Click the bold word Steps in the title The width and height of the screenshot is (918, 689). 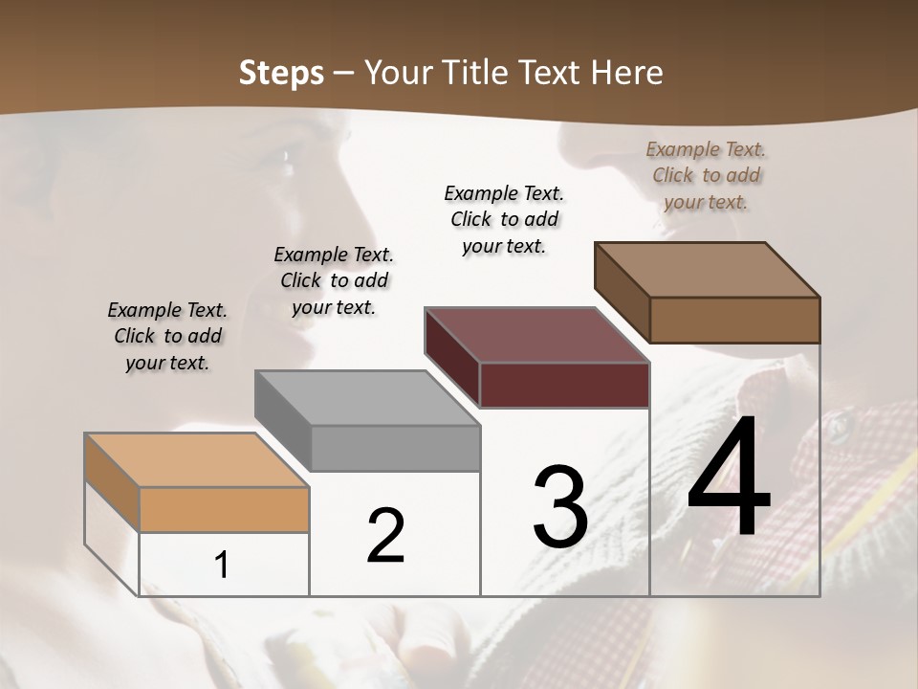(281, 73)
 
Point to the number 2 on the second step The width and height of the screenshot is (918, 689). (385, 536)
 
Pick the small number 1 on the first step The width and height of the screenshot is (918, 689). (222, 565)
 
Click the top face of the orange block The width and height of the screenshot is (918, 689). (197, 459)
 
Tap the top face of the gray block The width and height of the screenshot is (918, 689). (368, 397)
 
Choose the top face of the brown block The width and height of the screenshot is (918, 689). (708, 270)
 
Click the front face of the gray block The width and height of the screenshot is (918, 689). (396, 449)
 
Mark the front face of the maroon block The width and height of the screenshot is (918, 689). (565, 386)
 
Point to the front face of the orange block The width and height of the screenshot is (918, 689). (225, 509)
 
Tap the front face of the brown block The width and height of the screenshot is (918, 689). (734, 320)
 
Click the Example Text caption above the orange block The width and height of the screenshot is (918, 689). (167, 336)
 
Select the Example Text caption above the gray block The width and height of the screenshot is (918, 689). (334, 280)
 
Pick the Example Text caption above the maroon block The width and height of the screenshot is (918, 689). (504, 219)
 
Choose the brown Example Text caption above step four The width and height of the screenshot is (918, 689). (706, 175)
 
